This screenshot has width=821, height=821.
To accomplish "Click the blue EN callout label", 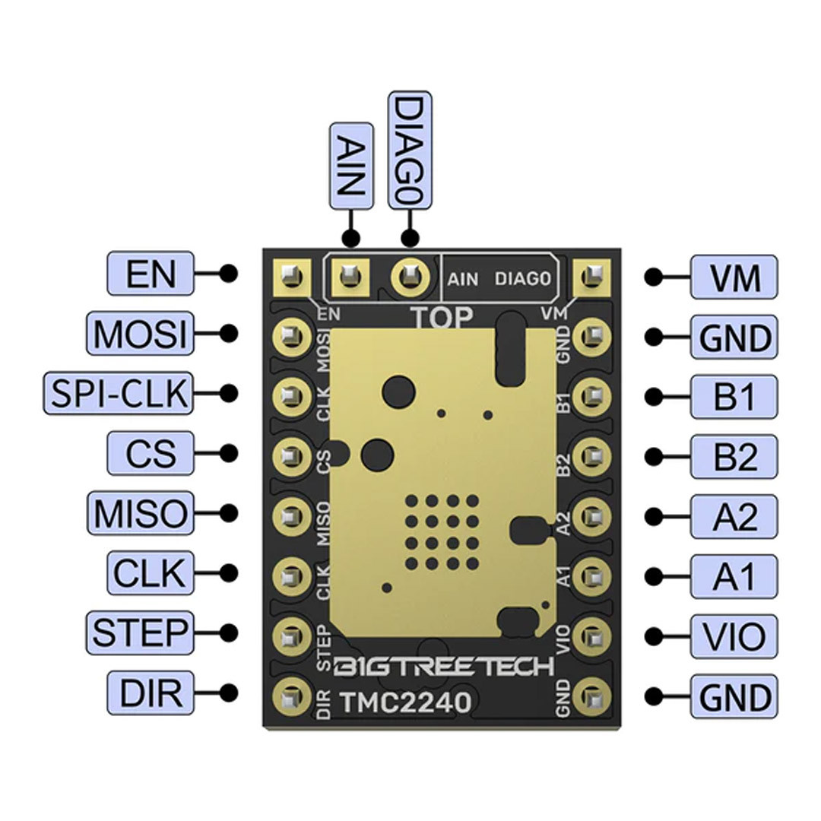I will pyautogui.click(x=151, y=274).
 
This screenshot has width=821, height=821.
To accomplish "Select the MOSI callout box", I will pyautogui.click(x=140, y=334).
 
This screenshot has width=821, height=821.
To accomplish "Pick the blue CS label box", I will pyautogui.click(x=151, y=454).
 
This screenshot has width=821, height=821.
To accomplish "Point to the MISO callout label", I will pyautogui.click(x=140, y=514).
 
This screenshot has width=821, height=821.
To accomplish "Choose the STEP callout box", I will pyautogui.click(x=140, y=632).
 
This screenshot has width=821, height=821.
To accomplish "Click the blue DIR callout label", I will pyautogui.click(x=151, y=693).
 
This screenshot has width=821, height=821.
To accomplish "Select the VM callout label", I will pyautogui.click(x=734, y=277).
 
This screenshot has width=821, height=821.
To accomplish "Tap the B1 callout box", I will pyautogui.click(x=734, y=396).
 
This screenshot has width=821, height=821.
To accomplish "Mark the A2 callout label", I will pyautogui.click(x=734, y=516).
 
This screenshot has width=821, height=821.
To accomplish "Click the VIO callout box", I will pyautogui.click(x=734, y=636).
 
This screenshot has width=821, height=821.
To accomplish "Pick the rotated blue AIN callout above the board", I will pyautogui.click(x=350, y=166).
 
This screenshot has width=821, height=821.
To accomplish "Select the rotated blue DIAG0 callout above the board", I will pyautogui.click(x=410, y=151).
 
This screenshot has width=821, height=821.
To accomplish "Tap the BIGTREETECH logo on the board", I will pyautogui.click(x=445, y=668).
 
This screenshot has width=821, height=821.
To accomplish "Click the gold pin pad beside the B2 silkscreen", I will pyautogui.click(x=594, y=456).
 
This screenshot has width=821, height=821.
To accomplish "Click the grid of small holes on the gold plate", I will pyautogui.click(x=442, y=532).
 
